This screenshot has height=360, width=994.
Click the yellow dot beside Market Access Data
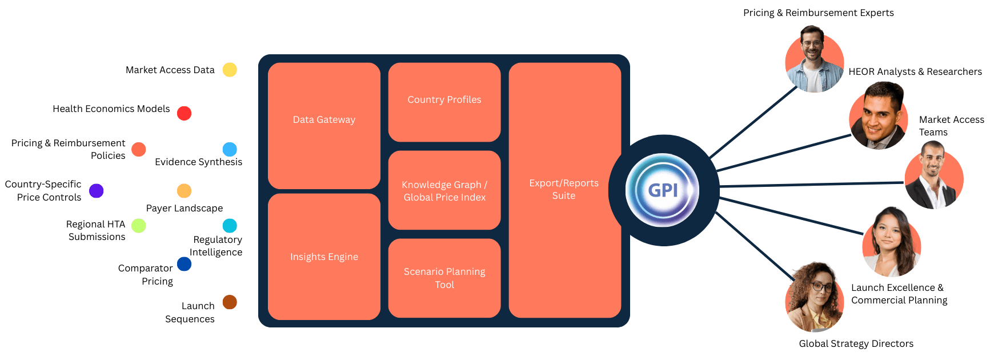tap(230, 70)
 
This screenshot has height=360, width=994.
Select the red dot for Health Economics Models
tap(184, 113)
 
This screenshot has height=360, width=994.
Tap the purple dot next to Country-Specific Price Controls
tap(97, 191)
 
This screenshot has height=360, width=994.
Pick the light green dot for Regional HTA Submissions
tap(139, 226)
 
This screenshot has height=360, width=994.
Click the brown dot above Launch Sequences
tap(230, 302)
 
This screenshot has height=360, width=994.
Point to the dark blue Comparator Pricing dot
tap(184, 264)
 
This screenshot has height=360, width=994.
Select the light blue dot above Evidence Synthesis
tap(230, 149)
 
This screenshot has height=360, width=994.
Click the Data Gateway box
tap(324, 126)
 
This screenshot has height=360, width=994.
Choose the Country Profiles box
tap(444, 102)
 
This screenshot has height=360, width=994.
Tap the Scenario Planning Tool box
tap(444, 278)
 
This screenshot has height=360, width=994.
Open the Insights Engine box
tap(324, 257)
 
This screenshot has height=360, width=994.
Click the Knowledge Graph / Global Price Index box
tap(444, 190)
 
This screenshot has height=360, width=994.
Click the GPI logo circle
tap(663, 190)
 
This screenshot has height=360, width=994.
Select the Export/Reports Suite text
tap(564, 189)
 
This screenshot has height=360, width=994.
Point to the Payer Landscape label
tap(184, 208)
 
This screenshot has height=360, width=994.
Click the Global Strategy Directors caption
tap(856, 343)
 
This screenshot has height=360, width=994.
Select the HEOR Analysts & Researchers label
tap(915, 71)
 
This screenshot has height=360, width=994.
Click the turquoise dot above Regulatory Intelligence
tap(230, 226)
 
